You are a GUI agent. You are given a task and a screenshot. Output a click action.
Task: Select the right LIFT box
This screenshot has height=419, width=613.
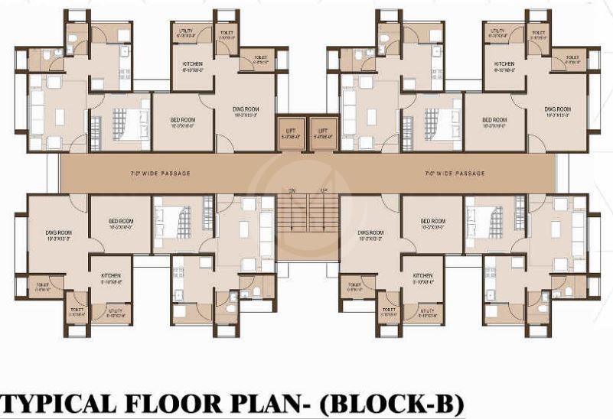pos(323,132)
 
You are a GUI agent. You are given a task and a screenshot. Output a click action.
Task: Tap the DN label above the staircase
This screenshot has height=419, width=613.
pos(292,190)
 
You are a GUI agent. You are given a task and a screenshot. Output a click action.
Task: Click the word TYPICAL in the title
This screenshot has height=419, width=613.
pos(69,403)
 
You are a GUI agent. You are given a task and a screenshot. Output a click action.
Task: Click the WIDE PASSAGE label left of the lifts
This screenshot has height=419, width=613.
pos(161,174)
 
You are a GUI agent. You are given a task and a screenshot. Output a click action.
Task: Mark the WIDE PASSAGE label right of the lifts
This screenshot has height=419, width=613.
pos(455,174)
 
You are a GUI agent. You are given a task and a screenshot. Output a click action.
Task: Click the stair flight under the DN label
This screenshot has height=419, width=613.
pos(292,213)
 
